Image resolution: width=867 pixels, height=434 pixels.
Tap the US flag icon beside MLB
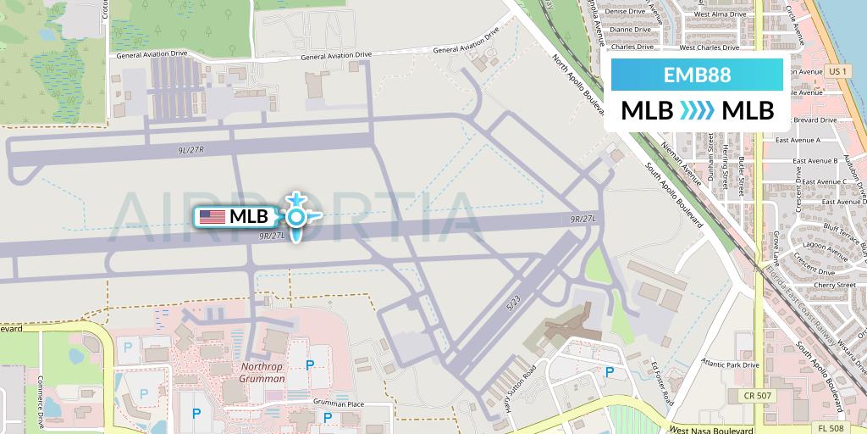tap(212, 217)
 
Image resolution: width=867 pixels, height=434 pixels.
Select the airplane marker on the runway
tap(296, 217)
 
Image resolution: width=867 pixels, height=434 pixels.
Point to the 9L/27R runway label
tap(192, 148)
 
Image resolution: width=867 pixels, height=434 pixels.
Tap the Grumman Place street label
tap(338, 404)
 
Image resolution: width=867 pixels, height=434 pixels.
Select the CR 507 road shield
tap(759, 395)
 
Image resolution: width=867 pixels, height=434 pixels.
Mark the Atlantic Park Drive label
tap(731, 364)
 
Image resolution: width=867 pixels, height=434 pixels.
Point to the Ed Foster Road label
tap(660, 378)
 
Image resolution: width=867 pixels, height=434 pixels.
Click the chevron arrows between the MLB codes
tap(696, 111)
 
